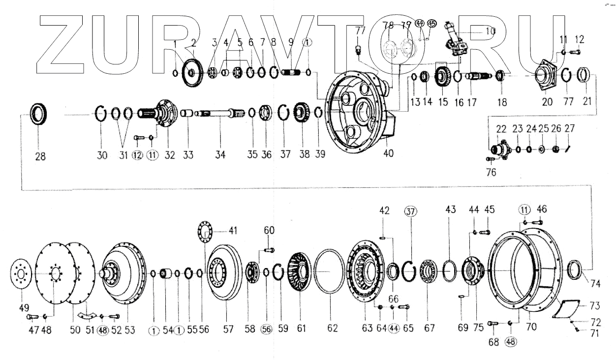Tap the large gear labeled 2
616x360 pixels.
192,73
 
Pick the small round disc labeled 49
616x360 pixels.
21,271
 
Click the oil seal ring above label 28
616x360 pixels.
40,115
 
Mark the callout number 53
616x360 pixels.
129,330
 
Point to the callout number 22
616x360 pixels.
501,129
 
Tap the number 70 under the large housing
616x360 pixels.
531,326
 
